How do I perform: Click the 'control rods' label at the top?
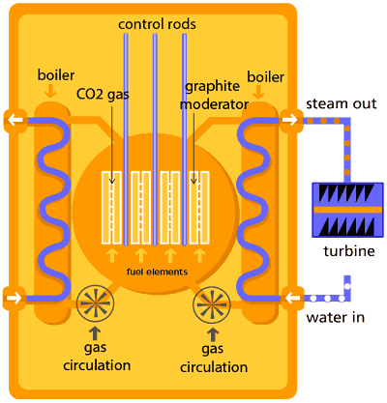pos(154,22)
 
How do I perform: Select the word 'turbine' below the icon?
pos(344,252)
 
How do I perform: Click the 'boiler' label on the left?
pos(54,75)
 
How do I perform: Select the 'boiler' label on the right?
pos(265,75)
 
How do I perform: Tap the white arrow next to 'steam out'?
pos(287,121)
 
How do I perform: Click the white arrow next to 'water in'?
pos(287,298)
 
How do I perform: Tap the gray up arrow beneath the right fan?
pos(213,334)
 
